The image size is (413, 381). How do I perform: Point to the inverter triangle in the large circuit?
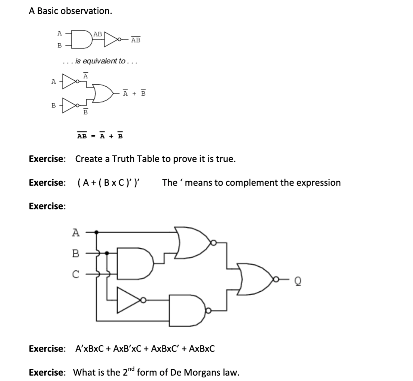coord(128,300)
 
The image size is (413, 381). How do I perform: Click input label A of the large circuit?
coord(76,232)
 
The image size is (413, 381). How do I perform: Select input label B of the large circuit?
coord(76,253)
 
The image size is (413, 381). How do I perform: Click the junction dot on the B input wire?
coord(106,253)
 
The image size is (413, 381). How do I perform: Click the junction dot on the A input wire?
coord(96,232)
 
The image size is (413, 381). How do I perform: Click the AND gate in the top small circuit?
coord(82,39)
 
